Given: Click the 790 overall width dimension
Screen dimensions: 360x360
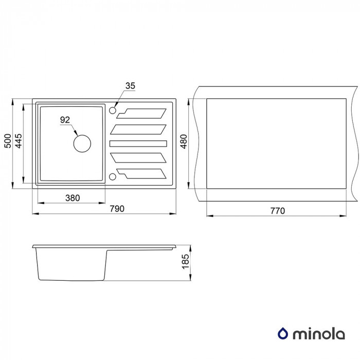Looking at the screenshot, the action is coord(117,209).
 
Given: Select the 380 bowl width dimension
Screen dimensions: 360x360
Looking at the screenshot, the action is coord(73,198).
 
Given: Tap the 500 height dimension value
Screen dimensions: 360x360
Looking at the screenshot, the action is coord(8,141).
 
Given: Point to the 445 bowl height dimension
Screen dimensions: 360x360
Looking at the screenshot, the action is coord(19,141).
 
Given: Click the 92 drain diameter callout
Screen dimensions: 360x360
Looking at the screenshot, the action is coord(65,120).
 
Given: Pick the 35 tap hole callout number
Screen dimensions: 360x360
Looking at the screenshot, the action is coord(130,86).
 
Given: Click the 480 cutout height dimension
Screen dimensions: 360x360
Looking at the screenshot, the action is coord(184,141).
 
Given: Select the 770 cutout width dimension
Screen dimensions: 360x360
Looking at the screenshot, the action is coord(277,211).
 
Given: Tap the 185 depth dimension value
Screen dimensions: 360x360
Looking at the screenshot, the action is coord(185,261).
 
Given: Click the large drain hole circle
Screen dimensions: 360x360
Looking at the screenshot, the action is coord(82,143).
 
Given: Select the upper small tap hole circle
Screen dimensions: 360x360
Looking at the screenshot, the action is coord(113,111).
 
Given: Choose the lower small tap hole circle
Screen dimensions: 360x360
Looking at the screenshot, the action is coord(113,176).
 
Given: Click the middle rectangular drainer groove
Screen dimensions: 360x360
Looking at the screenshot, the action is coord(138,143).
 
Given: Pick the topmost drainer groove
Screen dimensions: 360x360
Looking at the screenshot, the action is coord(141,114).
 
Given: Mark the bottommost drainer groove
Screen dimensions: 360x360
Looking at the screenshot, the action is coord(141,174).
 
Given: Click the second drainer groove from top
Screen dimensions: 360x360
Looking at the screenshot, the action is coord(138,130).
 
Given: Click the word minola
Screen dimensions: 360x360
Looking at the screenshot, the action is coord(319,334).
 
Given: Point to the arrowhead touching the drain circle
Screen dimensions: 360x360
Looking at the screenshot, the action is coord(76,133).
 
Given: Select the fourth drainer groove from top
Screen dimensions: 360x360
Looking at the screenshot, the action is coord(138,158).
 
